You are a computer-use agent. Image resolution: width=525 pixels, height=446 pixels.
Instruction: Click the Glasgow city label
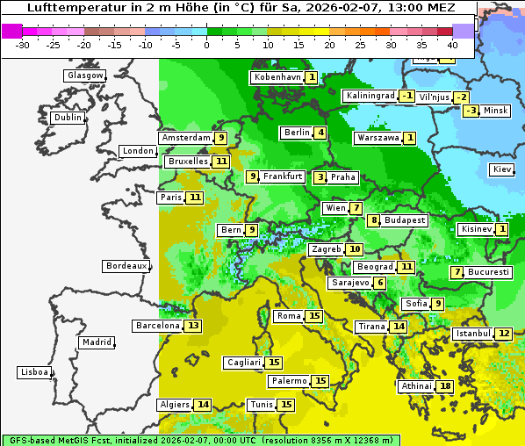tap(84, 76)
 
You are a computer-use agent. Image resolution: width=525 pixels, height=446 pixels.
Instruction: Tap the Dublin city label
tap(67, 118)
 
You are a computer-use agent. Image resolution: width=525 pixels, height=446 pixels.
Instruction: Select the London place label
tap(138, 151)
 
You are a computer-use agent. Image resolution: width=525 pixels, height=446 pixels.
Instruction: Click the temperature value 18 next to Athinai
tap(445, 386)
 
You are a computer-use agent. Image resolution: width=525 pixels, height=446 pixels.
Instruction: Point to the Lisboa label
tap(34, 372)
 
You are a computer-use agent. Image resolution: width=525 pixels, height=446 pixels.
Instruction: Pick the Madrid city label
tap(96, 342)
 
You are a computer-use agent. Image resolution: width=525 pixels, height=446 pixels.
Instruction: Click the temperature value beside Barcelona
tap(193, 326)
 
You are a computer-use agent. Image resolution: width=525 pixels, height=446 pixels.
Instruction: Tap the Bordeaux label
tap(126, 265)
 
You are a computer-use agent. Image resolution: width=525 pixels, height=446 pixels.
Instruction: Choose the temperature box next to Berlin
tap(321, 133)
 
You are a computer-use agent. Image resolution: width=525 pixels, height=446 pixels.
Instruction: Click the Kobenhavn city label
tap(277, 77)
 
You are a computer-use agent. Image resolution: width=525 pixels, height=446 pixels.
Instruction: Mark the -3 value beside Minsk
tap(471, 111)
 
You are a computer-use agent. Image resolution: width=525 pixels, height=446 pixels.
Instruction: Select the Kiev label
tap(502, 169)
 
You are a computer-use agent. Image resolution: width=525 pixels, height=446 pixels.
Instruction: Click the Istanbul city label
tap(472, 334)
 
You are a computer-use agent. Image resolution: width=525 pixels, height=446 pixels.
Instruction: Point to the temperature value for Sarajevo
tap(379, 283)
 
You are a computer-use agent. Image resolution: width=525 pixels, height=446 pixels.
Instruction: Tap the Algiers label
tap(174, 405)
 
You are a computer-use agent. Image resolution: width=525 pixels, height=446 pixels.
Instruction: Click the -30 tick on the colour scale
tap(23, 44)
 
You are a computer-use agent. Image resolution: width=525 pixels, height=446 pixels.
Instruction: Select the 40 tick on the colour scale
tap(452, 44)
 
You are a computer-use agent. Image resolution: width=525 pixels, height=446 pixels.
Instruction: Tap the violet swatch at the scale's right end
tap(464, 31)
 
